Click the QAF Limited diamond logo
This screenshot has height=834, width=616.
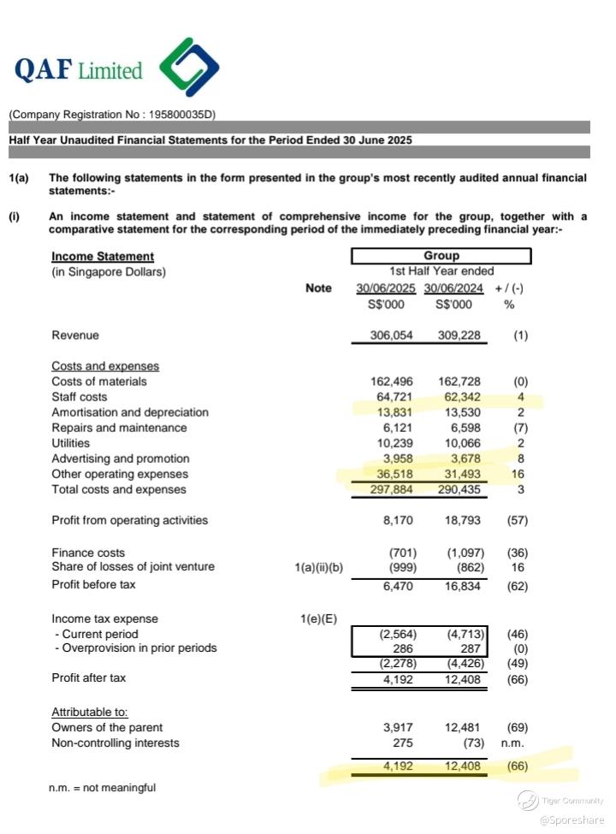189,68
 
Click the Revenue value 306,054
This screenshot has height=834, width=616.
392,336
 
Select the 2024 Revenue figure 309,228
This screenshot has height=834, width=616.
459,336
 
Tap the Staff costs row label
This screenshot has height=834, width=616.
80,397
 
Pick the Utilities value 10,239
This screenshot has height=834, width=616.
394,443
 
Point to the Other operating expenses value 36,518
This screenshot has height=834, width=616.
394,474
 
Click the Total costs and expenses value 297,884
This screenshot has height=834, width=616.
392,490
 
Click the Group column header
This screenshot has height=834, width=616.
441,256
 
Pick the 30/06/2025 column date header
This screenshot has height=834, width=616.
386,288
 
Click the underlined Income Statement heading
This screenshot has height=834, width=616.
103,257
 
